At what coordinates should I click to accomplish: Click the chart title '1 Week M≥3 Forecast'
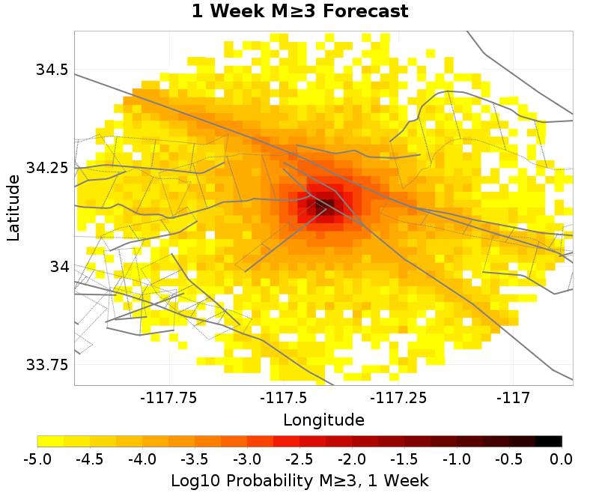[x=299, y=12]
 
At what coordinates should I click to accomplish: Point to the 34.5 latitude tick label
[x=52, y=70]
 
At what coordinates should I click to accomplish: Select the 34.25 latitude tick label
[x=47, y=168]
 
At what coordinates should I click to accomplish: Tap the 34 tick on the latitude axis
[x=58, y=267]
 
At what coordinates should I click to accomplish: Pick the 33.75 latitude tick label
[x=47, y=365]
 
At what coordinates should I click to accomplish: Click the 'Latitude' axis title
[x=13, y=208]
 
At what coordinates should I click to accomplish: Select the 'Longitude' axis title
[x=323, y=420]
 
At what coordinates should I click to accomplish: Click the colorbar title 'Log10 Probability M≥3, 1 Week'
[x=299, y=480]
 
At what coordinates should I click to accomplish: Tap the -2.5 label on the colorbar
[x=299, y=459]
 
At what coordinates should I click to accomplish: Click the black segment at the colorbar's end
[x=549, y=441]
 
